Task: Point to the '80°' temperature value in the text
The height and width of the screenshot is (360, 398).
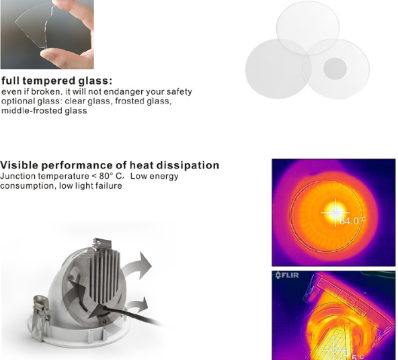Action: coord(106,176)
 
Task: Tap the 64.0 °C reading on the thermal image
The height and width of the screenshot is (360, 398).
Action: coord(352,221)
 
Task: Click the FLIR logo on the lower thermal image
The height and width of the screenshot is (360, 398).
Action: coord(287,275)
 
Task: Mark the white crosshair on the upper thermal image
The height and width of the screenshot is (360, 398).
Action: coord(335,212)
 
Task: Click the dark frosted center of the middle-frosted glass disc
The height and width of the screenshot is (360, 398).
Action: coord(335,69)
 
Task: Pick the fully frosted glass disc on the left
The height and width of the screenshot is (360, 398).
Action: coord(278,69)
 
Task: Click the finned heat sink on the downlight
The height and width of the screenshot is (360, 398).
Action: coord(106,275)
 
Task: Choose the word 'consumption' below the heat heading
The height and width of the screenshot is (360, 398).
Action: coord(28,186)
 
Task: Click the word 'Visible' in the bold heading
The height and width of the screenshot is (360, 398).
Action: coord(19,165)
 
